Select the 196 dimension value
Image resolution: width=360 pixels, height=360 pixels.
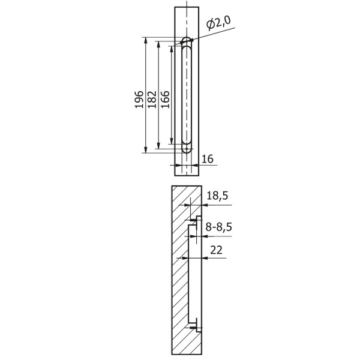[139, 100]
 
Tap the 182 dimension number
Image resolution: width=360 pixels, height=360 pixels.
[152, 100]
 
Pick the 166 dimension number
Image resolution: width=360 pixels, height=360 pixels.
[165, 100]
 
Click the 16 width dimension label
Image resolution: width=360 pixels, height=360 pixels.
[208, 158]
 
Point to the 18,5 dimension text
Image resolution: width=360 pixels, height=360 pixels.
[217, 196]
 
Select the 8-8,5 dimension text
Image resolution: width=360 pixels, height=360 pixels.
[218, 227]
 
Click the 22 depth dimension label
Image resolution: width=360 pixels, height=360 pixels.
[216, 250]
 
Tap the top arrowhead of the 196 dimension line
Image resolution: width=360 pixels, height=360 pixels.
[146, 41]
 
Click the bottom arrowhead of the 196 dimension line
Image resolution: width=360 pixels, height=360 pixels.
[146, 149]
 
